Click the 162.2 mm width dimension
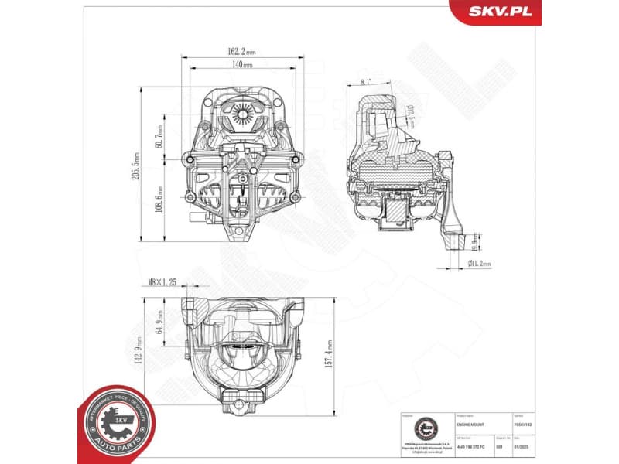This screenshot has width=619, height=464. pyautogui.click(x=241, y=52)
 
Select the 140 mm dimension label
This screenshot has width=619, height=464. pyautogui.click(x=241, y=65)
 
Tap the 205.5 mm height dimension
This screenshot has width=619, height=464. pyautogui.click(x=137, y=163)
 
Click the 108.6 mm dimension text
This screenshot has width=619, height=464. pyautogui.click(x=159, y=200)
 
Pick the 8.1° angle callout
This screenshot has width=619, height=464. pyautogui.click(x=365, y=80)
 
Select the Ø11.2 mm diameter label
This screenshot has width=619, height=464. pyautogui.click(x=480, y=264)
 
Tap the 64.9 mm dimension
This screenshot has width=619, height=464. pyautogui.click(x=159, y=319)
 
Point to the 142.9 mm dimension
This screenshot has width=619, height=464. pyautogui.click(x=138, y=350)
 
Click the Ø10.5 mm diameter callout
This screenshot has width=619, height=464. pyautogui.click(x=412, y=115)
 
